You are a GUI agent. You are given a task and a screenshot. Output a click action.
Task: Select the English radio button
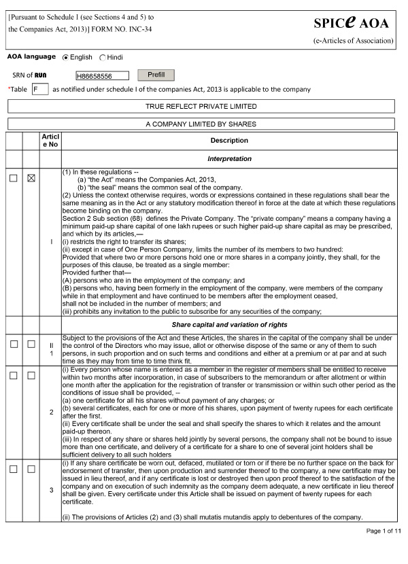point(65,58)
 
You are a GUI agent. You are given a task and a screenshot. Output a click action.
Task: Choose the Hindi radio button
point(103,58)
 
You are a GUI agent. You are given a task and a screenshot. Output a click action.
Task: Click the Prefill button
point(156,75)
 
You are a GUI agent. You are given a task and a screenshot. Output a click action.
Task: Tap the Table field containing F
point(40,89)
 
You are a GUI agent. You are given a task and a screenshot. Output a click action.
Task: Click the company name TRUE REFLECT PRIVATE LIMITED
point(201,107)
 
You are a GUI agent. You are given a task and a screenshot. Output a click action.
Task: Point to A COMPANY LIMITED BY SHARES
point(201,124)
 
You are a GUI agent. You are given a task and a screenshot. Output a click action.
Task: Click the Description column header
point(229,141)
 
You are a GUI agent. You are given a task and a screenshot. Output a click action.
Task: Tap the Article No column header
point(50,141)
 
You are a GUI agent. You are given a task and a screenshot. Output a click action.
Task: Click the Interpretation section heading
point(229,159)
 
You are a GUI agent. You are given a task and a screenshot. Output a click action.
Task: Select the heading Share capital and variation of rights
point(229,325)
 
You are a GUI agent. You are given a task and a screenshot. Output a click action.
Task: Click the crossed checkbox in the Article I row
point(31,177)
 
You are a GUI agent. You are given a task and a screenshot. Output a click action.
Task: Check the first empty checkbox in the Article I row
point(14,177)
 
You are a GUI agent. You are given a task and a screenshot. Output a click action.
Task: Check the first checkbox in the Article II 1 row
point(14,345)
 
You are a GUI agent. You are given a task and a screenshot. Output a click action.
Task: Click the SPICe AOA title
point(352,23)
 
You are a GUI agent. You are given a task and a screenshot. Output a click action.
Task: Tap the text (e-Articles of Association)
point(353,41)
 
